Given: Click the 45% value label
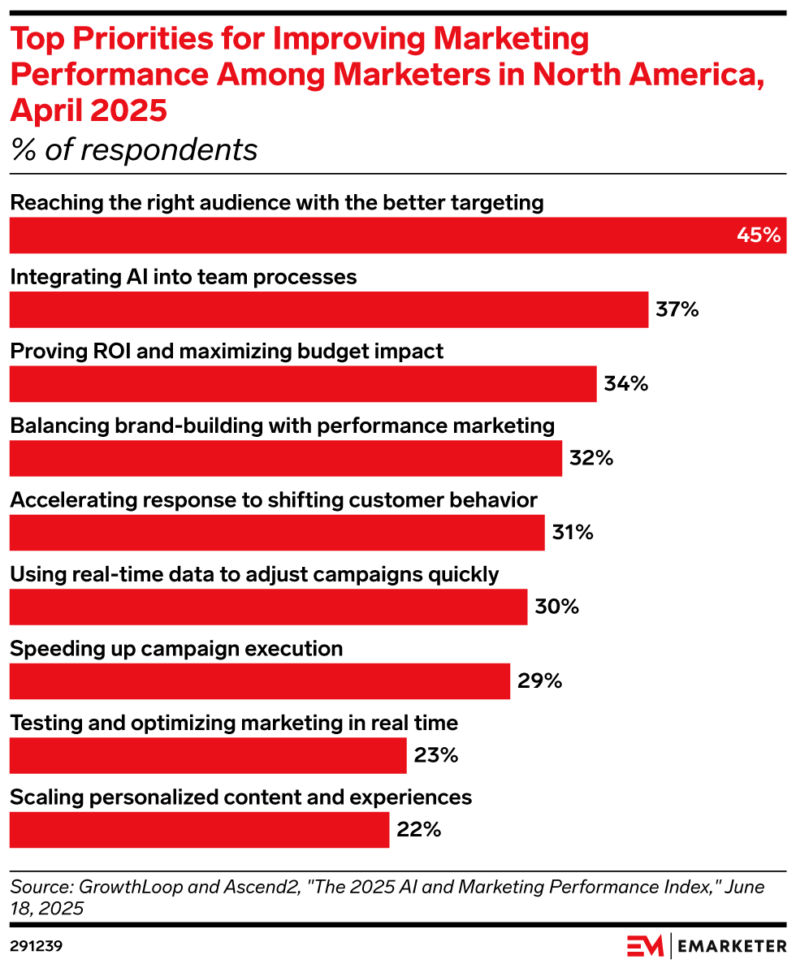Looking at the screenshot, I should point(759,236).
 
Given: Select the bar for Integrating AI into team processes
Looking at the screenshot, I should point(329,309).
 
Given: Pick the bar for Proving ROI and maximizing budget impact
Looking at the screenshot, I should point(303,383).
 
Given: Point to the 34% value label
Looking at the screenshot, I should point(626,383).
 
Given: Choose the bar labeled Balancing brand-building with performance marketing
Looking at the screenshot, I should point(286,458).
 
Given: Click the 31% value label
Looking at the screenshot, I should point(573,533).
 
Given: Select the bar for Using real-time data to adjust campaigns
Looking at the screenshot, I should point(268,607).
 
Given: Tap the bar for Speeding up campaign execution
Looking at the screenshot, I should point(260,681).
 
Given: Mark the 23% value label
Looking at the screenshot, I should point(436,755).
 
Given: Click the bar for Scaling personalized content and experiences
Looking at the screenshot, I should point(199,829).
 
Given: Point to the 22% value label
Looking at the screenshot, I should point(419,829).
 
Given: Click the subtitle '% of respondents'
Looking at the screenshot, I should point(134,149).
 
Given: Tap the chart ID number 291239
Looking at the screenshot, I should point(37,946).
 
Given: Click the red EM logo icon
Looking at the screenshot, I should point(645,946).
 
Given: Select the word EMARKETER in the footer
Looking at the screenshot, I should point(731,946).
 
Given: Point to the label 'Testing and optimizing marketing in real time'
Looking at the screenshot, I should point(234,723).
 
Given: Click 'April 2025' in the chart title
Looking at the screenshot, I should point(89,110).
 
